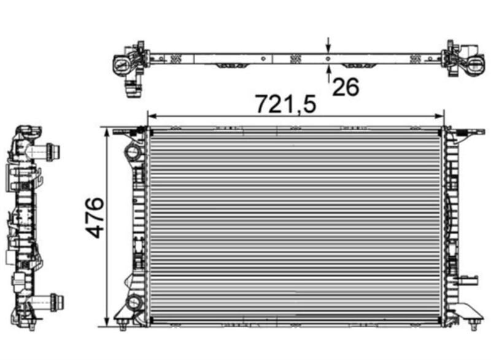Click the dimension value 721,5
pyautogui.click(x=286, y=103)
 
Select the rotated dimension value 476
pyautogui.click(x=95, y=217)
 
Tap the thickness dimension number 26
pyautogui.click(x=346, y=87)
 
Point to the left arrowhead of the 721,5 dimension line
pyautogui.click(x=152, y=117)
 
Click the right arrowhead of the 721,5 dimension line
pyautogui.click(x=439, y=117)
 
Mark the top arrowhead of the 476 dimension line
pyautogui.click(x=107, y=132)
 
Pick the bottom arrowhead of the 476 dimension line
pyautogui.click(x=107, y=322)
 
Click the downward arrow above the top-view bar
pyautogui.click(x=328, y=45)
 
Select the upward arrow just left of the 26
pyautogui.click(x=328, y=73)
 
